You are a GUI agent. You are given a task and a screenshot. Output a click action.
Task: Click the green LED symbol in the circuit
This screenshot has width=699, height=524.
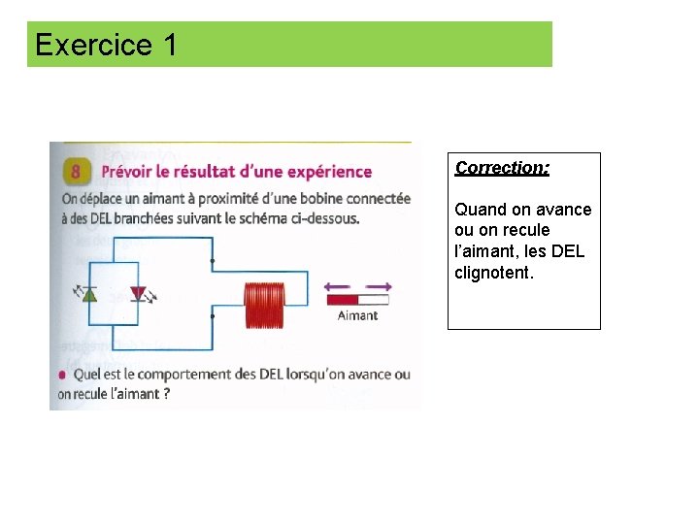point(90,293)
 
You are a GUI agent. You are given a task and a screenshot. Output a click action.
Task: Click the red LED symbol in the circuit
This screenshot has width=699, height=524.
point(138,293)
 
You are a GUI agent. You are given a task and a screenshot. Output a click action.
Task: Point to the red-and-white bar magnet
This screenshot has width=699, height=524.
point(357,300)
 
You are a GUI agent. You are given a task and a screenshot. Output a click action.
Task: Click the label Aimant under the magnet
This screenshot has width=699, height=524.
point(357,315)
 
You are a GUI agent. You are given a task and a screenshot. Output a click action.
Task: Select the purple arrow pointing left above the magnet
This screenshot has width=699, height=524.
point(336,285)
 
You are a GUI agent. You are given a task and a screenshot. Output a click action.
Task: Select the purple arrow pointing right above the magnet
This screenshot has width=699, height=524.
point(379,285)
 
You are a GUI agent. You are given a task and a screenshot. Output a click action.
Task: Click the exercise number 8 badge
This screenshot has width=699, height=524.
point(77,171)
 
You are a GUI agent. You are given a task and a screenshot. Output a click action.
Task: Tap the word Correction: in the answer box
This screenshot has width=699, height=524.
point(502,168)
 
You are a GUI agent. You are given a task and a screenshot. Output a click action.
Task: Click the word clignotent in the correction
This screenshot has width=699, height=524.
point(492,273)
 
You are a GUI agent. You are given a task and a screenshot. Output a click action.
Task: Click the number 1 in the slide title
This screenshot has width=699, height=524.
point(170,45)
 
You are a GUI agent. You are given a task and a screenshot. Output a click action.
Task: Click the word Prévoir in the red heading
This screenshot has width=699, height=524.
point(131,172)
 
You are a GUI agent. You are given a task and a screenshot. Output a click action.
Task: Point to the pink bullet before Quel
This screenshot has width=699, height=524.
point(63,375)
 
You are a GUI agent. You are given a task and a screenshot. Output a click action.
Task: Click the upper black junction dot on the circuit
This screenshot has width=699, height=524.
point(212,261)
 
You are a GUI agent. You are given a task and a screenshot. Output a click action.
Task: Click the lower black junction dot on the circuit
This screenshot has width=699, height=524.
point(212,316)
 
